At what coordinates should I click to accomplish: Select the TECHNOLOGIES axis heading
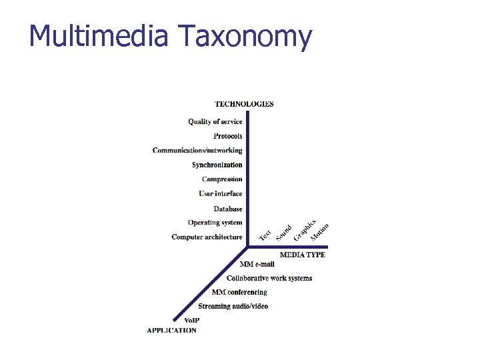tap(244, 104)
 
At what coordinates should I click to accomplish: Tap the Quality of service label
tap(215, 122)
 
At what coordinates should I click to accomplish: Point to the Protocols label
tap(227, 136)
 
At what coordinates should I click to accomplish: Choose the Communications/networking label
tap(197, 151)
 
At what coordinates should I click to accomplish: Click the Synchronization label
tap(217, 165)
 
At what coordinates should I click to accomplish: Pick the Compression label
tap(222, 179)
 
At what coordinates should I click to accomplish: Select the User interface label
tap(220, 194)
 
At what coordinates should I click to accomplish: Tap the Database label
tap(228, 209)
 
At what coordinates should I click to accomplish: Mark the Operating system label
tap(215, 223)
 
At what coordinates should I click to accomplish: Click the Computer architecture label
tap(207, 237)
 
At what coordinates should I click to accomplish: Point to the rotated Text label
tap(265, 235)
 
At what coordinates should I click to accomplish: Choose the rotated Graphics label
tap(305, 230)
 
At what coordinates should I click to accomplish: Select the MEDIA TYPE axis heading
tap(302, 255)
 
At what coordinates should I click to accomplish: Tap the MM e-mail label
tap(257, 265)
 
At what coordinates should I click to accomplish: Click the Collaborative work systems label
tap(269, 279)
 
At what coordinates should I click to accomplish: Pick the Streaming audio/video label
tap(233, 307)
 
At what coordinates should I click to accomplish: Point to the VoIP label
tap(191, 321)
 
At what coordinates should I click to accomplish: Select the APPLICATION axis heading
tap(171, 331)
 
